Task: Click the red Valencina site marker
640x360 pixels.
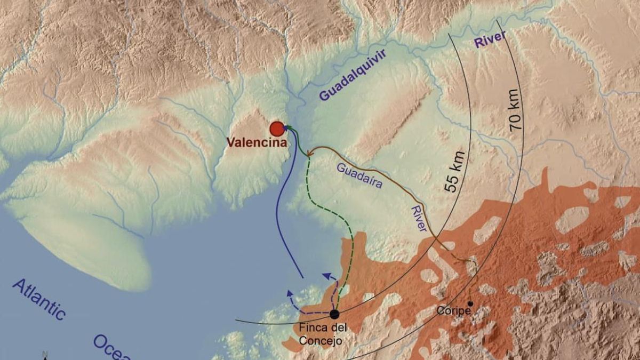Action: pyautogui.click(x=276, y=129)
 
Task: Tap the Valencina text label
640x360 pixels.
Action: pyautogui.click(x=257, y=143)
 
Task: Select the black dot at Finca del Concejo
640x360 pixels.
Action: pyautogui.click(x=334, y=314)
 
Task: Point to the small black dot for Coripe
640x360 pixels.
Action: pyautogui.click(x=470, y=303)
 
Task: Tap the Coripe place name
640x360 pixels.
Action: pyautogui.click(x=453, y=310)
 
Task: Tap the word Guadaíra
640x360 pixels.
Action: pyautogui.click(x=360, y=175)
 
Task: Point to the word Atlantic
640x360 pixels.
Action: pyautogui.click(x=39, y=299)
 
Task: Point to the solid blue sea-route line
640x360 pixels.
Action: pyautogui.click(x=278, y=213)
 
